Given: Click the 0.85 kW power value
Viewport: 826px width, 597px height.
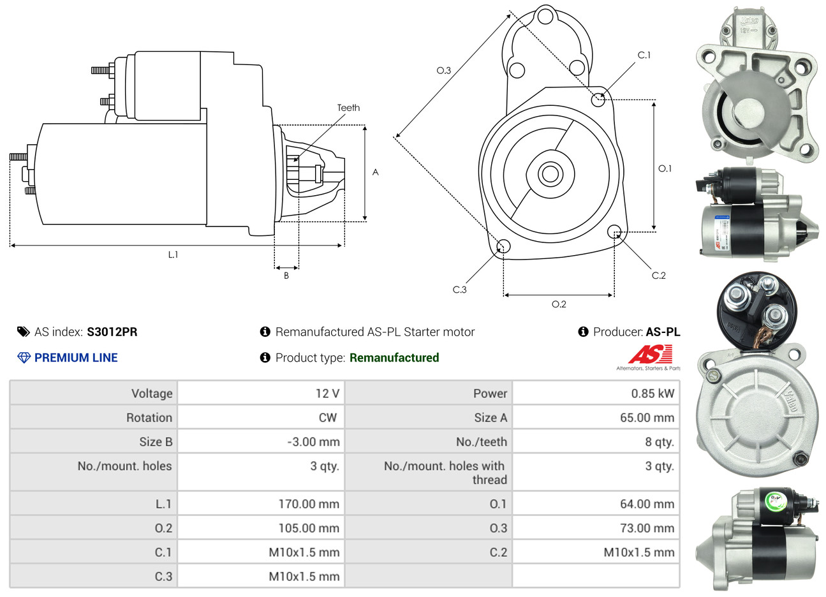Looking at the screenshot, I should pyautogui.click(x=653, y=394).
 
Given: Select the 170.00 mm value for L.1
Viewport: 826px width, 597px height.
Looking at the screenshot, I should pyautogui.click(x=309, y=504).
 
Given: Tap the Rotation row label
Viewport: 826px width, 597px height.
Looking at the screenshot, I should pyautogui.click(x=149, y=418).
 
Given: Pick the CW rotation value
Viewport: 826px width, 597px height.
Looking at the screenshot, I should pyautogui.click(x=327, y=418).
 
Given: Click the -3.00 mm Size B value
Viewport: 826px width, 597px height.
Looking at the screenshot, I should pyautogui.click(x=313, y=442).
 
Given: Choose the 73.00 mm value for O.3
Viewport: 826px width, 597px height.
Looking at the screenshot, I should pyautogui.click(x=647, y=528).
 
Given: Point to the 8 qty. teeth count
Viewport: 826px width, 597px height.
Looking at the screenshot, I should pyautogui.click(x=659, y=442).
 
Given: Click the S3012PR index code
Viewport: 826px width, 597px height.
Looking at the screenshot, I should pyautogui.click(x=112, y=332).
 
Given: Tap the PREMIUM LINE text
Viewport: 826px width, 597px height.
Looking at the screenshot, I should pyautogui.click(x=76, y=358).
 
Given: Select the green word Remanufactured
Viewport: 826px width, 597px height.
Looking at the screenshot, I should pyautogui.click(x=394, y=358).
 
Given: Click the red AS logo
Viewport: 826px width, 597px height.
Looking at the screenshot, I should pyautogui.click(x=650, y=354).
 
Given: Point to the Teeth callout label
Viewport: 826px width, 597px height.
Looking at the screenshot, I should pyautogui.click(x=348, y=108).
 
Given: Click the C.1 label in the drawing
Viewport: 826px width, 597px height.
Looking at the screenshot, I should pyautogui.click(x=644, y=55).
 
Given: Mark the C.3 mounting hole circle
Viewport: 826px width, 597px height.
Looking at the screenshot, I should pyautogui.click(x=503, y=247).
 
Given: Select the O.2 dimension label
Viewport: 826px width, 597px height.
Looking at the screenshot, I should pyautogui.click(x=559, y=305).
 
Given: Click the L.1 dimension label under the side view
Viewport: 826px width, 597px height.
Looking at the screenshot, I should pyautogui.click(x=173, y=255).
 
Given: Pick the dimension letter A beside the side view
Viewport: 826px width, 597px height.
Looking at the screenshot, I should pyautogui.click(x=376, y=172).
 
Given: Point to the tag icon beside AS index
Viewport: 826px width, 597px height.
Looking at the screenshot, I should pyautogui.click(x=24, y=332).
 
